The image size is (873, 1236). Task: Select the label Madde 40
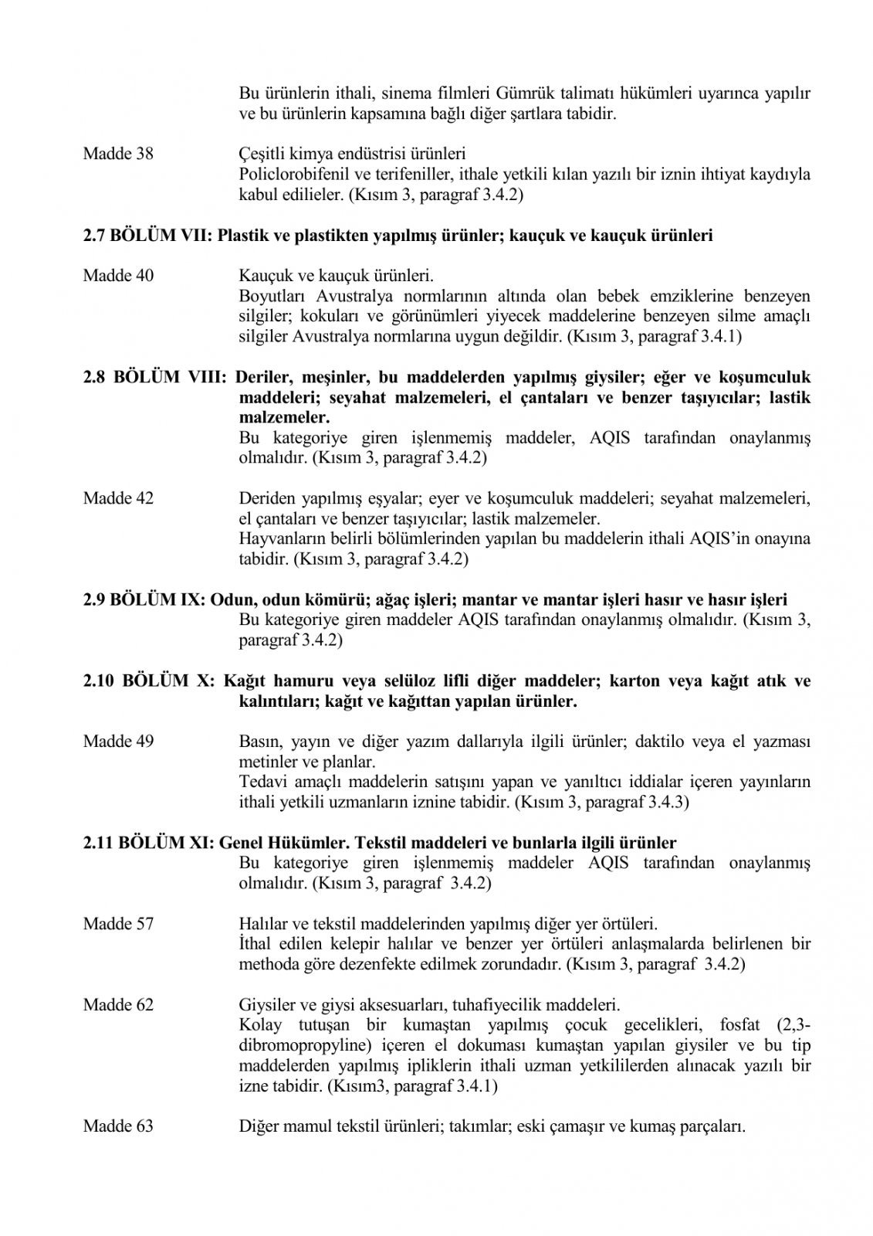point(118,276)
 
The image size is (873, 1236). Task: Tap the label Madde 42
point(118,498)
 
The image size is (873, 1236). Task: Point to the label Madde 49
point(118,742)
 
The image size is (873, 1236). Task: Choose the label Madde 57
point(118,923)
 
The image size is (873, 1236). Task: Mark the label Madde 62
point(118,1005)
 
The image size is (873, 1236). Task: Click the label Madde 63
point(118,1126)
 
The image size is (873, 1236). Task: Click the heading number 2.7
point(95,236)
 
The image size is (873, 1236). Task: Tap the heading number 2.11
point(99,843)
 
